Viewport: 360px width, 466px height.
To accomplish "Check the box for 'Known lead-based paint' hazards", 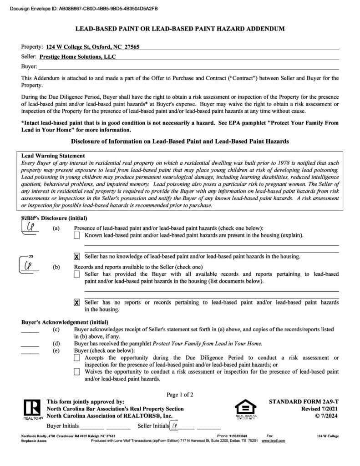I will click(77, 235).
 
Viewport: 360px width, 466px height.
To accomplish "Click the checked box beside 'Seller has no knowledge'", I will click(77, 257).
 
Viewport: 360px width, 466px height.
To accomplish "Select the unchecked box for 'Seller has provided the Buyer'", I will click(77, 274).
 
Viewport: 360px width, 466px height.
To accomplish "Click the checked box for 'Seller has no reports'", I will click(77, 302).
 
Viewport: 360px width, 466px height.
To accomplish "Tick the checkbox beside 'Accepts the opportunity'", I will click(77, 358).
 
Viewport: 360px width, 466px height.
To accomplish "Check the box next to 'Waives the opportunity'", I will click(77, 372).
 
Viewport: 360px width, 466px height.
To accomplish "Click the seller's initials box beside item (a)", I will click(32, 226).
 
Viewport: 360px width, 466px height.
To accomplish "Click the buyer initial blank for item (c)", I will click(30, 331).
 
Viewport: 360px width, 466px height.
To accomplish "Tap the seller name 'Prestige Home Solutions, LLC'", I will click(77, 57).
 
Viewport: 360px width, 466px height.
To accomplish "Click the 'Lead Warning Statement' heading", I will click(53, 156).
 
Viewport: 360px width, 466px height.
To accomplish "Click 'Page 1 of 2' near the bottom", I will click(180, 395).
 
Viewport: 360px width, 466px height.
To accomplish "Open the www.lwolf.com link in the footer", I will click(273, 441).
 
